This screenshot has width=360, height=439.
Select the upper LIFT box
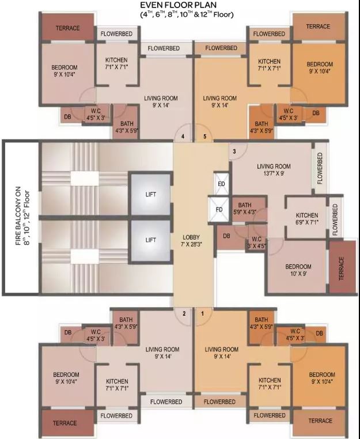click(150, 195)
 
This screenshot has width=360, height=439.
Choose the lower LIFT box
click(150, 240)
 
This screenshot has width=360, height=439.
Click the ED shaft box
click(220, 183)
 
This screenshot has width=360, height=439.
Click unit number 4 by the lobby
click(183, 137)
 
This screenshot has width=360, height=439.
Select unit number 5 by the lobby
click(204, 137)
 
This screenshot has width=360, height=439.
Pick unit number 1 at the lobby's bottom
click(202, 313)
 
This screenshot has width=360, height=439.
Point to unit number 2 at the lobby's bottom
click(184, 313)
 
